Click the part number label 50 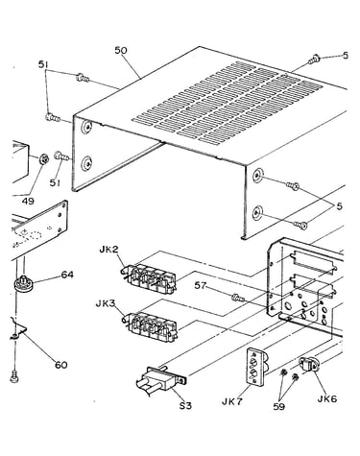pyautogui.click(x=121, y=50)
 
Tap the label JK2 pyautogui.click(x=109, y=250)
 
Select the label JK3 pyautogui.click(x=106, y=303)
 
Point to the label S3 pyautogui.click(x=185, y=405)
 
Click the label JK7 pyautogui.click(x=232, y=401)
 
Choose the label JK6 pyautogui.click(x=327, y=398)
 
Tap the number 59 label pyautogui.click(x=279, y=406)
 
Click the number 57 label pyautogui.click(x=201, y=285)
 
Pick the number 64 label pyautogui.click(x=67, y=275)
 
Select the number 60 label pyautogui.click(x=61, y=365)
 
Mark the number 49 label pyautogui.click(x=28, y=201)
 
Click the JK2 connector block pyautogui.click(x=149, y=277)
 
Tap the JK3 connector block pyautogui.click(x=150, y=327)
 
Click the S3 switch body pyautogui.click(x=161, y=379)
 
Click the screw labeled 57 pyautogui.click(x=238, y=299)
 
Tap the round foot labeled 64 pyautogui.click(x=24, y=283)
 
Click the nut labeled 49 pyautogui.click(x=43, y=158)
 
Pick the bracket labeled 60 pyautogui.click(x=18, y=329)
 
